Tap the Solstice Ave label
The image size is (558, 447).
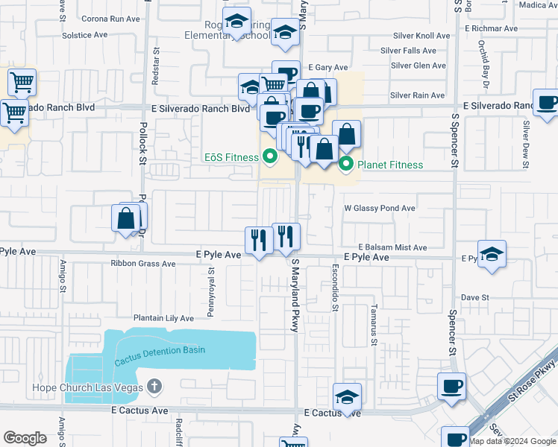(86, 35)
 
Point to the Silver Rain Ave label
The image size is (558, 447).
(418, 95)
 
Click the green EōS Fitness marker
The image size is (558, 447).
(270, 157)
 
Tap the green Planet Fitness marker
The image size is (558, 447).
(345, 165)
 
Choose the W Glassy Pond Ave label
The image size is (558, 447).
(378, 209)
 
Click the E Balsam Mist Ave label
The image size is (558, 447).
(392, 247)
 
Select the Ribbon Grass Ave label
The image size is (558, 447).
(142, 264)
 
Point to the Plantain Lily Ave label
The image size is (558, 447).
(163, 318)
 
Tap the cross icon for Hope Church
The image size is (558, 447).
(155, 386)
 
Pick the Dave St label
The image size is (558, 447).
(474, 297)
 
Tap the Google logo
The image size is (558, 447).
(25, 438)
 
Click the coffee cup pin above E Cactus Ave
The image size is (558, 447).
(451, 387)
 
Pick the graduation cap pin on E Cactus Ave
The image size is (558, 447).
(347, 397)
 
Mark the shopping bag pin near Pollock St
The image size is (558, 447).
(125, 219)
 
